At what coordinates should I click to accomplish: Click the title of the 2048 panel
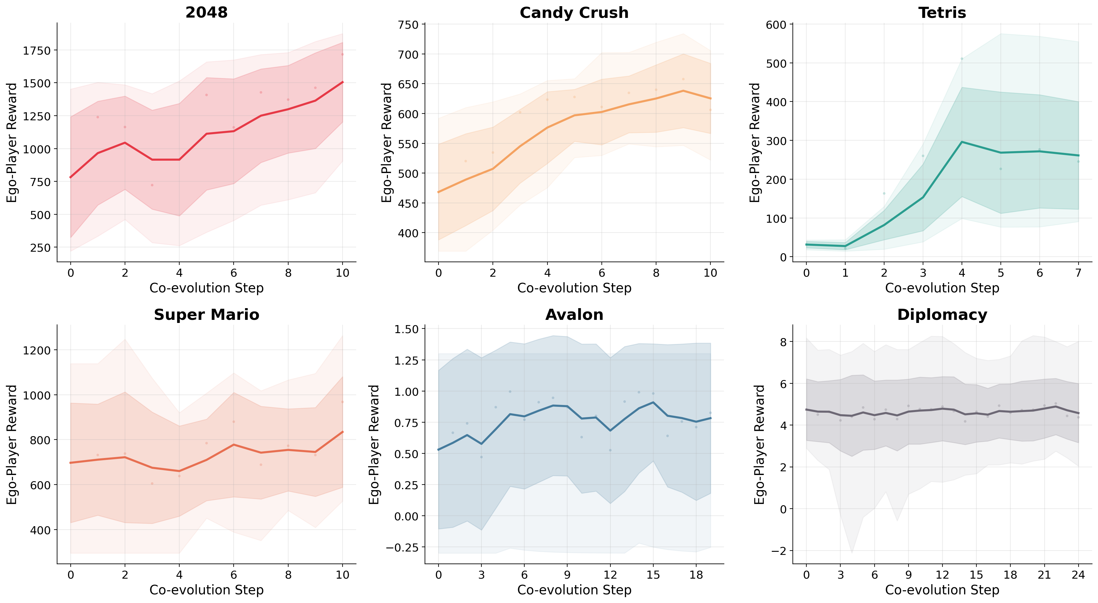(206, 12)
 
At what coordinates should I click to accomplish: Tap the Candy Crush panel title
(574, 12)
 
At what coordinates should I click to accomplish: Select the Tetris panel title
(942, 12)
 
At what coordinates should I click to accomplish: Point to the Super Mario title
(206, 315)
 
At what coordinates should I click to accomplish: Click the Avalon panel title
(574, 315)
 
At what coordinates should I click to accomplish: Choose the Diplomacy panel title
(942, 315)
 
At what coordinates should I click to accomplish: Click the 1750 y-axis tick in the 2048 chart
(37, 51)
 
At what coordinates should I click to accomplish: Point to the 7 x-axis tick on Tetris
(1078, 273)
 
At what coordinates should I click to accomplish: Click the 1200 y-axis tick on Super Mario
(37, 350)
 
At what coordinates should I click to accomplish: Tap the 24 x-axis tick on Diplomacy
(1078, 575)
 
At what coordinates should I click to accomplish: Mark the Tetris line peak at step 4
(962, 142)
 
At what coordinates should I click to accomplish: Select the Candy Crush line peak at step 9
(683, 90)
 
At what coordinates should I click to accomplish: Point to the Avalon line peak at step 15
(653, 402)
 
